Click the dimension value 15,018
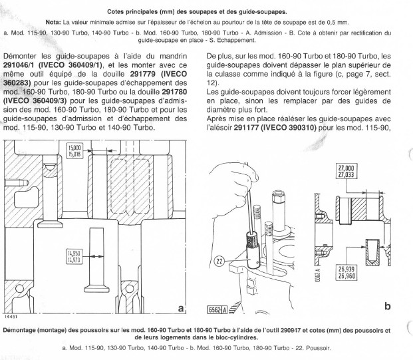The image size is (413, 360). pos(74,154)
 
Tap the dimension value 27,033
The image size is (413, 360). pos(346,174)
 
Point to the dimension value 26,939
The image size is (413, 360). pos(346,269)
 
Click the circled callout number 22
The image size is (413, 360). pos(219,261)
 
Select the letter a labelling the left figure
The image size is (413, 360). pos(181,308)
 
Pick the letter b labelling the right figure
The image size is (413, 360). pos(388,306)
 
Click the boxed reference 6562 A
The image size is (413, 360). pos(217,310)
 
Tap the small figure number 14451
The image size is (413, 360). pos(11,317)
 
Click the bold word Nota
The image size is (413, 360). pos(53,22)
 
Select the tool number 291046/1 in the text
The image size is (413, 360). pos(19,65)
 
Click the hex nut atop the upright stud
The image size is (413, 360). pos(279,197)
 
